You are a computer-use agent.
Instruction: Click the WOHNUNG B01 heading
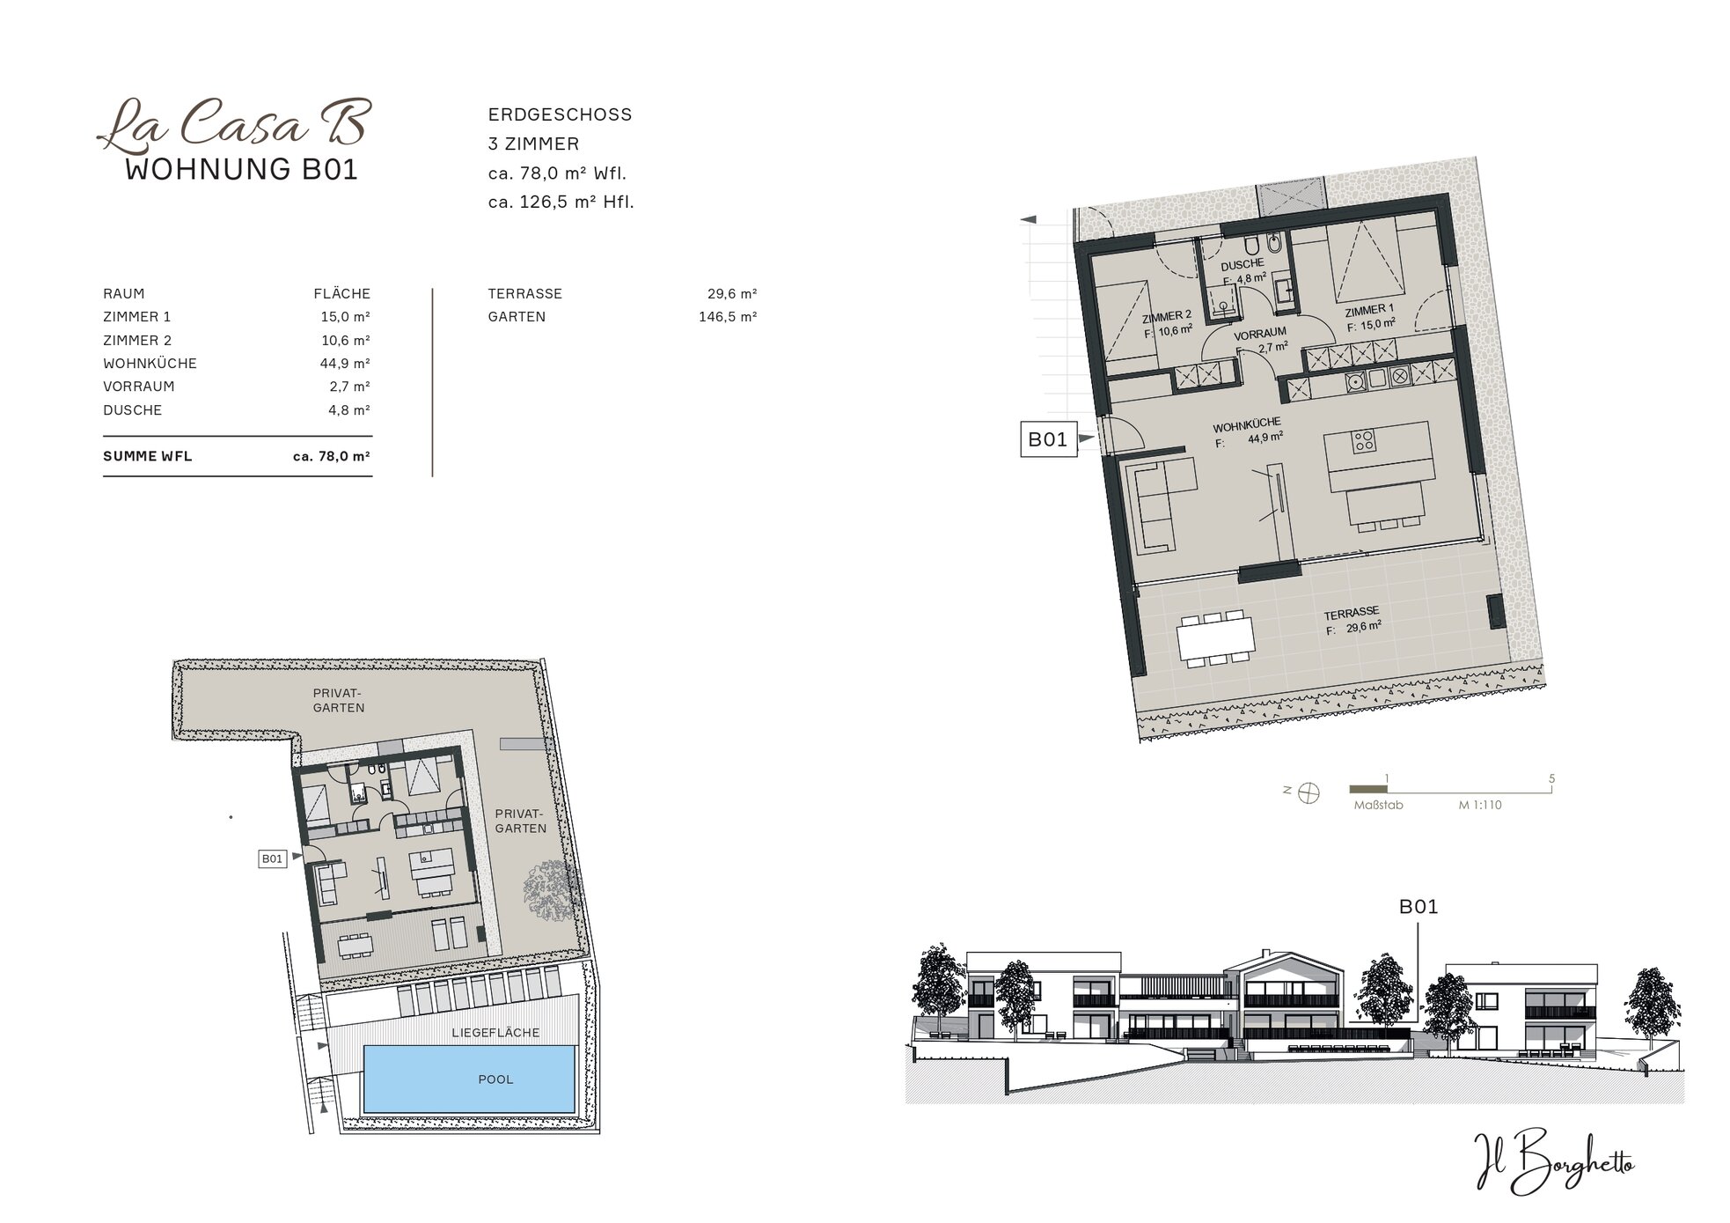(x=242, y=169)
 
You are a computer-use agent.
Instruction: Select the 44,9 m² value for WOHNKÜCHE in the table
(x=345, y=363)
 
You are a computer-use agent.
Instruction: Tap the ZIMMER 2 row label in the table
(x=137, y=340)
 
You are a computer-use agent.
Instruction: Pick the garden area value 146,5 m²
(x=728, y=316)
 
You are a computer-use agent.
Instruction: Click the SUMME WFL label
(x=147, y=456)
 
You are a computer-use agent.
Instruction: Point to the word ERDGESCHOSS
(x=561, y=114)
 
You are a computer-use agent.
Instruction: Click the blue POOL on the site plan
(x=470, y=1079)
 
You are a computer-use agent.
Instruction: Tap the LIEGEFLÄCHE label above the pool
(x=495, y=1032)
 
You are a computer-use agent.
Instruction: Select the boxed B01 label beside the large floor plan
(x=1048, y=439)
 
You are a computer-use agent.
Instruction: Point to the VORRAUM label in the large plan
(x=1260, y=335)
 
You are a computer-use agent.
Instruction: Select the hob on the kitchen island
(x=1364, y=440)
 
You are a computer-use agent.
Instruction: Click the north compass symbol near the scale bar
(x=1309, y=792)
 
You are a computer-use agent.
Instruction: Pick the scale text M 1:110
(x=1479, y=805)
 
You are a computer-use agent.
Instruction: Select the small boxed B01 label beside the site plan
(x=272, y=858)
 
